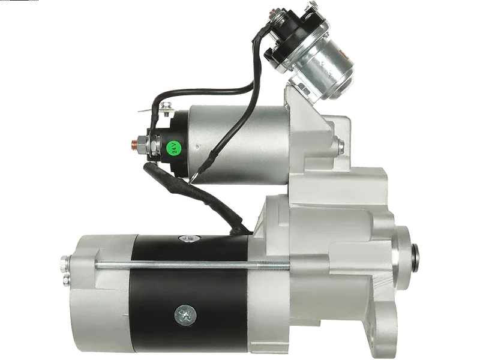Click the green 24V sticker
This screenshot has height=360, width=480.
pyautogui.click(x=174, y=148)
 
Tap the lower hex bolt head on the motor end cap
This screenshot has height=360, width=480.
pyautogui.click(x=65, y=279)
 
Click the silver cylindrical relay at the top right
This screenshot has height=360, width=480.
pyautogui.click(x=325, y=69)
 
